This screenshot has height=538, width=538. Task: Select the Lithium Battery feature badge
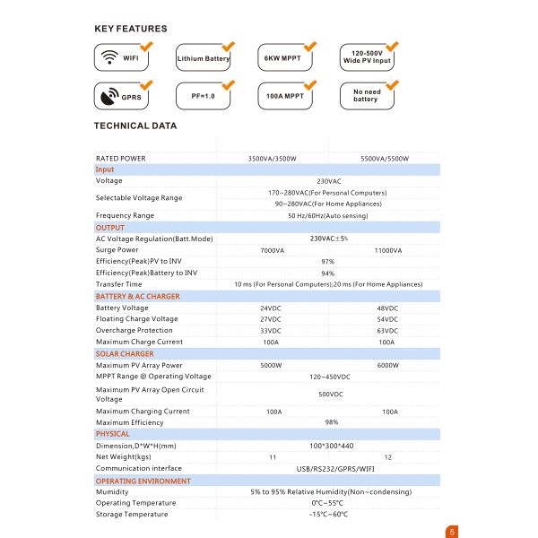pyautogui.click(x=204, y=58)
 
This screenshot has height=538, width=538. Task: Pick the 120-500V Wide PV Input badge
pyautogui.click(x=368, y=58)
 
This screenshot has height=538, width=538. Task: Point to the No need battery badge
pyautogui.click(x=366, y=95)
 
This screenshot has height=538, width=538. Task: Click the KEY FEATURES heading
pyautogui.click(x=130, y=29)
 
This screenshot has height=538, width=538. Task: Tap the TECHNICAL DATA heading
pyautogui.click(x=135, y=126)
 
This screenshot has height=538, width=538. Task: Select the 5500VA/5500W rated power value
pyautogui.click(x=385, y=159)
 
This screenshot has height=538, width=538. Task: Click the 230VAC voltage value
pyautogui.click(x=328, y=181)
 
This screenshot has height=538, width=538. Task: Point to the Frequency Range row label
pyautogui.click(x=125, y=215)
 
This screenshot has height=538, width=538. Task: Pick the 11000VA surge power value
pyautogui.click(x=386, y=250)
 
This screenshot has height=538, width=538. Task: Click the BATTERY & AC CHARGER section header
pyautogui.click(x=137, y=296)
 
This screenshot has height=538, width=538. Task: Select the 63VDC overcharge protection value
pyautogui.click(x=387, y=331)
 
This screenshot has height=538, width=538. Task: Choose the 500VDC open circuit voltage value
pyautogui.click(x=329, y=394)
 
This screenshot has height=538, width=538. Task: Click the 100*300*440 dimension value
pyautogui.click(x=329, y=446)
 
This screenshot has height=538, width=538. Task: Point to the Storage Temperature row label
pyautogui.click(x=132, y=514)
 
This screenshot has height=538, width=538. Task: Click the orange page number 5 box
pyautogui.click(x=452, y=531)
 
